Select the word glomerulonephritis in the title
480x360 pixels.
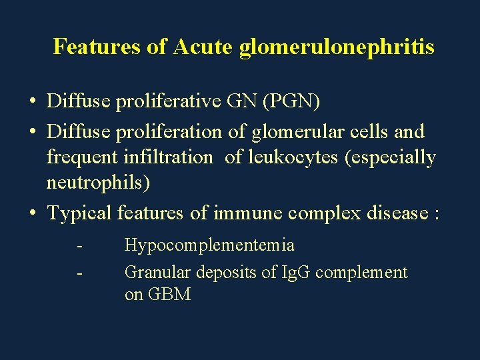pos(336,47)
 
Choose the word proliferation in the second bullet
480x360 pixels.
pos(171,132)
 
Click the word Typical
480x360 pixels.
pos(79,213)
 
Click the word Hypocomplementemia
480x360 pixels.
pos(209,245)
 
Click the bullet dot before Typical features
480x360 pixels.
pos(32,214)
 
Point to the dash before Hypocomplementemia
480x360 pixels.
pos(80,245)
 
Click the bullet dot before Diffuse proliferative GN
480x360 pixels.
pos(32,103)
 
